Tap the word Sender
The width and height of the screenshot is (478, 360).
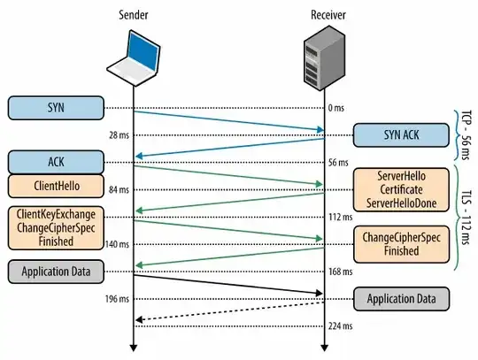click(134, 12)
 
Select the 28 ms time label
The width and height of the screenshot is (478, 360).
click(118, 134)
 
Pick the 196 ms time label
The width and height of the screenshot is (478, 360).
click(117, 298)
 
